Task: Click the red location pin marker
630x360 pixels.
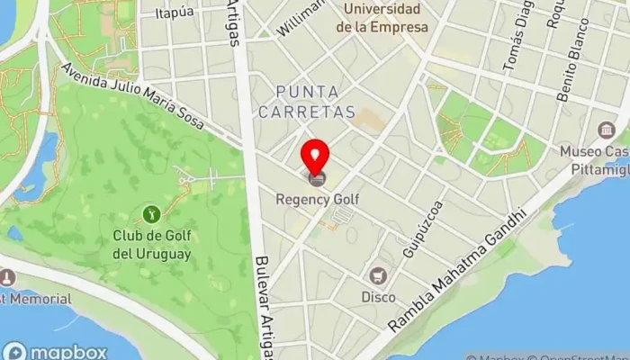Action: (315, 155)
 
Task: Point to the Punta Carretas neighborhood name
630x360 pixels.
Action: (308, 102)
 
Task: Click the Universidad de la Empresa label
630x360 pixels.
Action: (382, 19)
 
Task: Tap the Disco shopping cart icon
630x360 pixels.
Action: (378, 274)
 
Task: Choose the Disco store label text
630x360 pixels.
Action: (378, 296)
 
